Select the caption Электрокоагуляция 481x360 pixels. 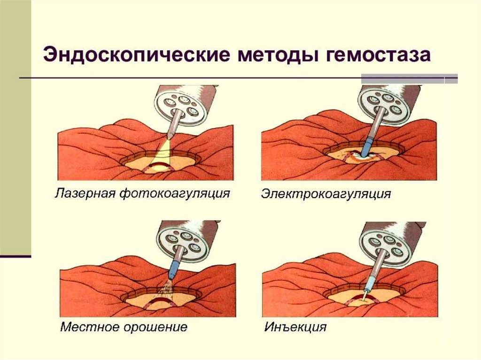tap(326, 193)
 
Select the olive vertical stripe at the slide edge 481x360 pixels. tap(15, 127)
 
